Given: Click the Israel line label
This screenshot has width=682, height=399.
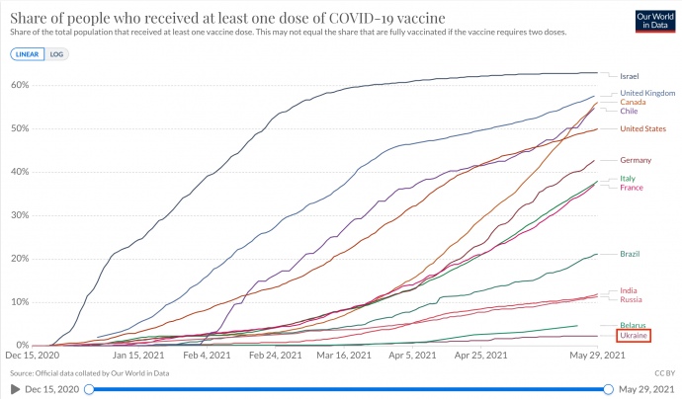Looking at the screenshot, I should [630, 76].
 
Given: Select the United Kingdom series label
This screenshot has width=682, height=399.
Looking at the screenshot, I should [646, 93].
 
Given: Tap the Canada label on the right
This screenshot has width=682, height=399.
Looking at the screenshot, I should [634, 102].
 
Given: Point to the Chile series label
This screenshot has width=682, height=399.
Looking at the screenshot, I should [629, 111].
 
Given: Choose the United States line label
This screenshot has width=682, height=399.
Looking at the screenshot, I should [643, 128].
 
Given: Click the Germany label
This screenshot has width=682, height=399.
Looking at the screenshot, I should [635, 160].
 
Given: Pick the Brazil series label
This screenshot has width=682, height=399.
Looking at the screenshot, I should [630, 254].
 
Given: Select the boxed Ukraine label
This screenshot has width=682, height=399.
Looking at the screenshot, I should [633, 336].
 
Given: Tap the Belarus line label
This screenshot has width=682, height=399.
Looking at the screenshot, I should [633, 326].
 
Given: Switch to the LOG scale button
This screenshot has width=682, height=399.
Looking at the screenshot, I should [57, 53].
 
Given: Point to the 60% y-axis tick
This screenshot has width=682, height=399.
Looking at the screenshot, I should [17, 85].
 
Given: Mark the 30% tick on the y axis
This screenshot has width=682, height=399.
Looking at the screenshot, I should [17, 215].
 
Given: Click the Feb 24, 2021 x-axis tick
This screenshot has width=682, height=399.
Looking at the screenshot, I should [274, 355].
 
